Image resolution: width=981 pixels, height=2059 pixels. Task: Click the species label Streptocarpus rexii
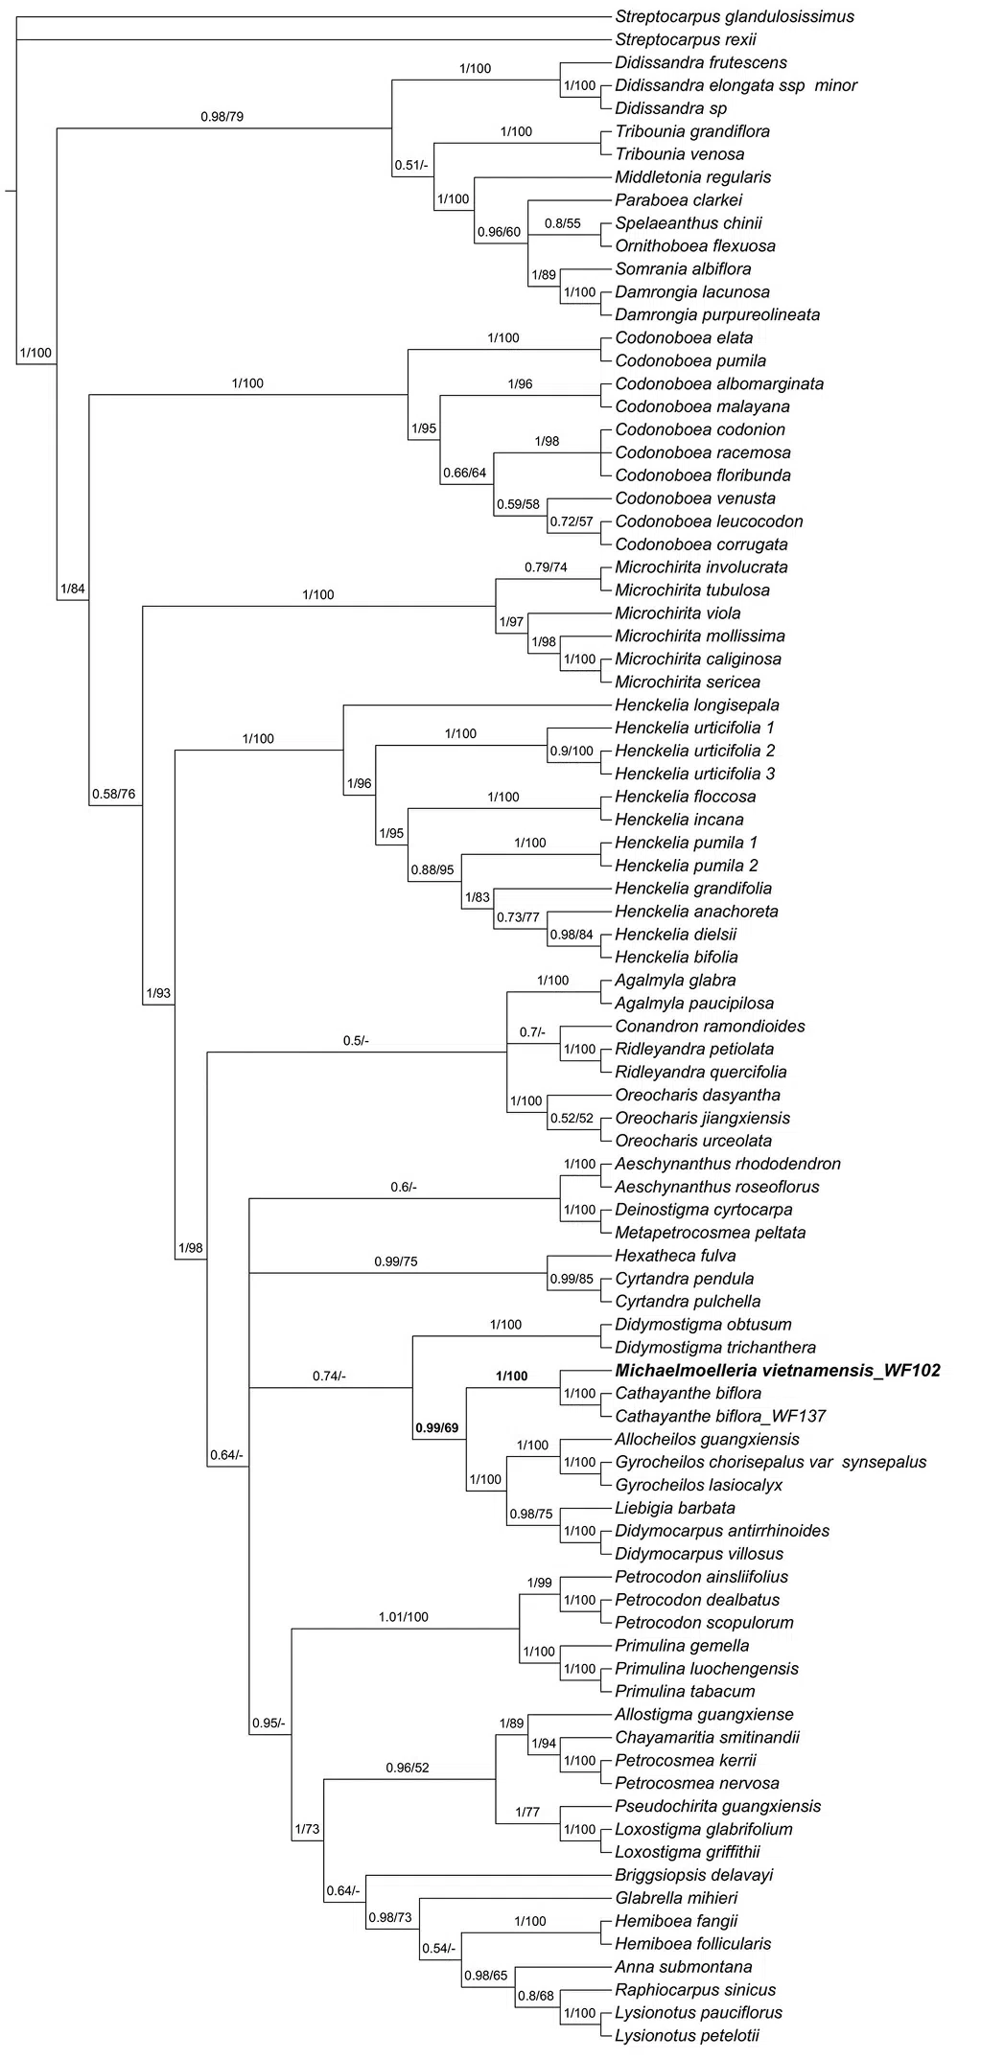click(685, 39)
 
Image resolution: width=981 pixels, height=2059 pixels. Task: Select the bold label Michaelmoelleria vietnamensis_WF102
click(777, 1371)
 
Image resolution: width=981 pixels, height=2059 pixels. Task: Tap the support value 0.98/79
click(222, 117)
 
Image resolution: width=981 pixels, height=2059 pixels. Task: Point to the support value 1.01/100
click(403, 1617)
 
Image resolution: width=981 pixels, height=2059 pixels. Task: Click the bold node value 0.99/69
click(436, 1427)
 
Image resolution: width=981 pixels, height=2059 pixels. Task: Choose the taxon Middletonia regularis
click(692, 177)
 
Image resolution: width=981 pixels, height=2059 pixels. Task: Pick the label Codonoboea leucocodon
click(709, 521)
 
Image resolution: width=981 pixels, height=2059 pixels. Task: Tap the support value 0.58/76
click(114, 794)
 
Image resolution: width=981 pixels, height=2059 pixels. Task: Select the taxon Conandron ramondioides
click(710, 1027)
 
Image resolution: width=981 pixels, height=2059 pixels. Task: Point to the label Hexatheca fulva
click(675, 1256)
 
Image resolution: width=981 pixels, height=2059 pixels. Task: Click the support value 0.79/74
click(546, 567)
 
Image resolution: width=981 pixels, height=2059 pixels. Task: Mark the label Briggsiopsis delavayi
click(693, 1875)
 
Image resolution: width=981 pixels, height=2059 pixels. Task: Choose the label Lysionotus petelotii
click(687, 2036)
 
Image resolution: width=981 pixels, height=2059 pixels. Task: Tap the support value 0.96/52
click(408, 1768)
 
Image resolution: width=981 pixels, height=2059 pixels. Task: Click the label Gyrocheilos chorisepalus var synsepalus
click(770, 1463)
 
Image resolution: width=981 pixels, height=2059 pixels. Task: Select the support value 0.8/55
click(563, 223)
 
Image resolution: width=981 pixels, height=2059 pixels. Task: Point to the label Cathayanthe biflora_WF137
click(720, 1417)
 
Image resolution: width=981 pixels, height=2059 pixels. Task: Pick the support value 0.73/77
click(518, 918)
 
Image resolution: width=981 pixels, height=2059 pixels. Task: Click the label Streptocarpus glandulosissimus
click(734, 16)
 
